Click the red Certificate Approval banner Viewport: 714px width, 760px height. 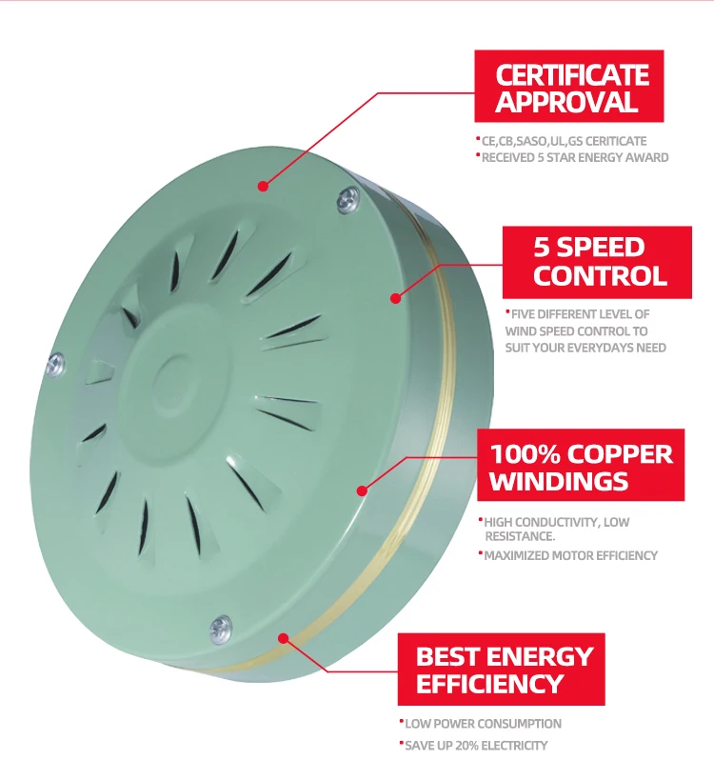click(x=571, y=88)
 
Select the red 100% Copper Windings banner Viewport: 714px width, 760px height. click(x=581, y=467)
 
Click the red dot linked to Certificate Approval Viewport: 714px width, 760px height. click(x=261, y=188)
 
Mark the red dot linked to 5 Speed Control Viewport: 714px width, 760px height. click(x=394, y=298)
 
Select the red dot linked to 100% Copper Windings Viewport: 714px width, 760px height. click(x=362, y=491)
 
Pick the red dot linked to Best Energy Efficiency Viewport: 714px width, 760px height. click(x=283, y=638)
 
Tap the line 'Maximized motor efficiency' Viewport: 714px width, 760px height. click(x=570, y=555)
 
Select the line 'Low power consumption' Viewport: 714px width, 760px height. click(x=483, y=724)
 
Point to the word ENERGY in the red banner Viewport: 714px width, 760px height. click(x=540, y=656)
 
